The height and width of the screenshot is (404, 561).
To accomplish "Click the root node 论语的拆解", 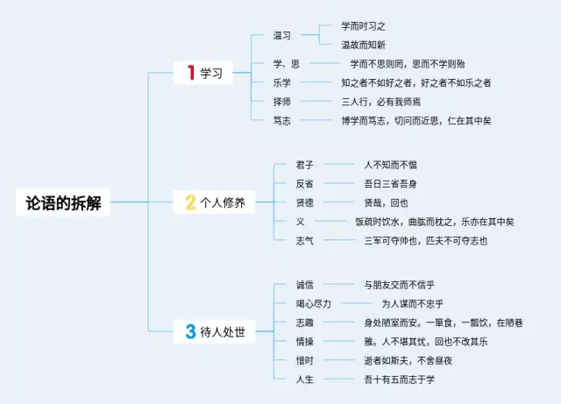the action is coord(62,202).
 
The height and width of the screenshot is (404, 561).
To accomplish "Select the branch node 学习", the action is coord(213,74).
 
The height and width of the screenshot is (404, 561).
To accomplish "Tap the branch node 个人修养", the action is coord(223,202).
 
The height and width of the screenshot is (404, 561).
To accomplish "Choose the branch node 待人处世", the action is coord(223,331).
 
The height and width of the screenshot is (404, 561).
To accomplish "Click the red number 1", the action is coord(191,74).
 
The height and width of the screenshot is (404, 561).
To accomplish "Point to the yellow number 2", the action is coord(190,202).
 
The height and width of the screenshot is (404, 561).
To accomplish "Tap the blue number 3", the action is coord(190,331).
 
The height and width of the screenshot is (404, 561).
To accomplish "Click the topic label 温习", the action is coord(282,36).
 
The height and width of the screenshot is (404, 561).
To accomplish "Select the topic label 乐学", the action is coord(282,82).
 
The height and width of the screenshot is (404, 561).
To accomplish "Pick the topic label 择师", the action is coord(282,102).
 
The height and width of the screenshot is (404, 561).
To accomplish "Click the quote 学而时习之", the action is coord(363,26).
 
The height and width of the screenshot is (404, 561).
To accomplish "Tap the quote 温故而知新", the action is coord(363,45).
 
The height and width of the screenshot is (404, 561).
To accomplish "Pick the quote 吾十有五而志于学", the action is coord(399,379).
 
